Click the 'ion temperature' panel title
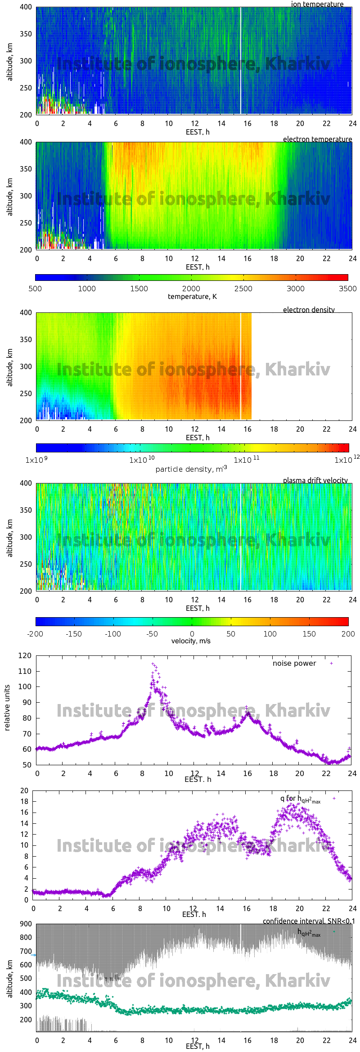317,4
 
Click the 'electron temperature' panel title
317,139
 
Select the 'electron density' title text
309,310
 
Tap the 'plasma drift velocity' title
315,480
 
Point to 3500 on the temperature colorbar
347,289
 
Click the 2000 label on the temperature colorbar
191,289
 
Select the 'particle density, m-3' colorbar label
191,469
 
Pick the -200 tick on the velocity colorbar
35,634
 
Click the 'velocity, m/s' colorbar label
191,641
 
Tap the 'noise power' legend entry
294,663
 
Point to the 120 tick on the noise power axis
25,655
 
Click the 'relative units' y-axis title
7,708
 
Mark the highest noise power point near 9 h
153,664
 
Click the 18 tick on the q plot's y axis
24,801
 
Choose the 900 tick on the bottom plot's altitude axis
26,924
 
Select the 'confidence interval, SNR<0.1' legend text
309,921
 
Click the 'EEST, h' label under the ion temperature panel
198,132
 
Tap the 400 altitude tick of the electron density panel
26,312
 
